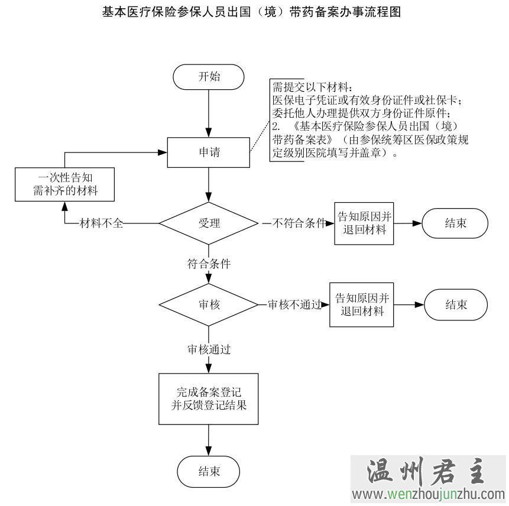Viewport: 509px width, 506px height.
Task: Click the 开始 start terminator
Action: pyautogui.click(x=208, y=77)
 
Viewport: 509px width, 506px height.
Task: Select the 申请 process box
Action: pyautogui.click(x=208, y=153)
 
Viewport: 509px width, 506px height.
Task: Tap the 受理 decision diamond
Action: pyautogui.click(x=209, y=223)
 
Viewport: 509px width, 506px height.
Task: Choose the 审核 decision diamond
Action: pyautogui.click(x=209, y=304)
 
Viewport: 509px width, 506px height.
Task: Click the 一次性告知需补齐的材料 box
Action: pyautogui.click(x=64, y=184)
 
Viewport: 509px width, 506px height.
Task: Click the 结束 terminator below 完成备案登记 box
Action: pyautogui.click(x=209, y=472)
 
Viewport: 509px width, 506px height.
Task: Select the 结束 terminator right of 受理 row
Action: pyautogui.click(x=455, y=223)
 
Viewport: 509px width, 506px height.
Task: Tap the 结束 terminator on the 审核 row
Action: pyautogui.click(x=456, y=304)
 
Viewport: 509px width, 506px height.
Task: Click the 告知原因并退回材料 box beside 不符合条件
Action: pyautogui.click(x=364, y=223)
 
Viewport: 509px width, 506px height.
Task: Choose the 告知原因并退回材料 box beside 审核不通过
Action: pyautogui.click(x=362, y=304)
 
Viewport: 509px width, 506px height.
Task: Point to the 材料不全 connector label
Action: pyautogui.click(x=101, y=223)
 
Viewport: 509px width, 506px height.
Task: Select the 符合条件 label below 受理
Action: pyautogui.click(x=209, y=264)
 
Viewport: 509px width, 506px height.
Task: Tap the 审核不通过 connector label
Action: pyautogui.click(x=294, y=304)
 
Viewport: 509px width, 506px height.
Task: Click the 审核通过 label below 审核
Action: pyautogui.click(x=209, y=349)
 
